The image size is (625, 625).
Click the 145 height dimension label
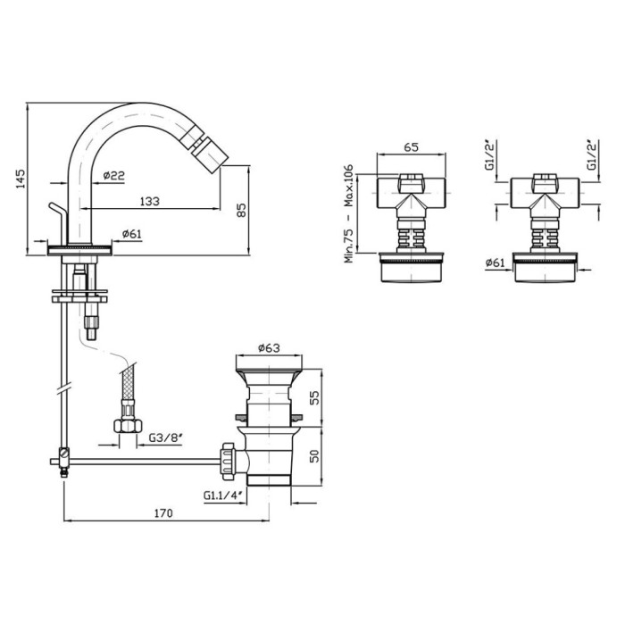click(21, 179)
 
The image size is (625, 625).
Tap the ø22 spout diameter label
click(113, 175)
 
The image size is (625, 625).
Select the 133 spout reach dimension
click(149, 201)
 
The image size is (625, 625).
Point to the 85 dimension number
click(242, 210)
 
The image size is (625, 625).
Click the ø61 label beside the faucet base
click(131, 234)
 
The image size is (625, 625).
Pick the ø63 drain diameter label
click(269, 348)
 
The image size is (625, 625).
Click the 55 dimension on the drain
click(314, 398)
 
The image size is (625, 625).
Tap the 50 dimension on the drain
click(314, 456)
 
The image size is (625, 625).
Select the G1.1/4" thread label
click(223, 496)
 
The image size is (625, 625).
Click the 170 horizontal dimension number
click(163, 513)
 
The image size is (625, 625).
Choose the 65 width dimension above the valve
click(411, 147)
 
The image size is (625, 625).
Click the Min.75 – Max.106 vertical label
click(348, 213)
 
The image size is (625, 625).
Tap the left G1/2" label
click(489, 154)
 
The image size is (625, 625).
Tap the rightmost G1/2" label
click(593, 154)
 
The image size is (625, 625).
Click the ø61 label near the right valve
click(495, 262)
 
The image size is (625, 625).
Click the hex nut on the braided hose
click(128, 426)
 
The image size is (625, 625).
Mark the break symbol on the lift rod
click(63, 388)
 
